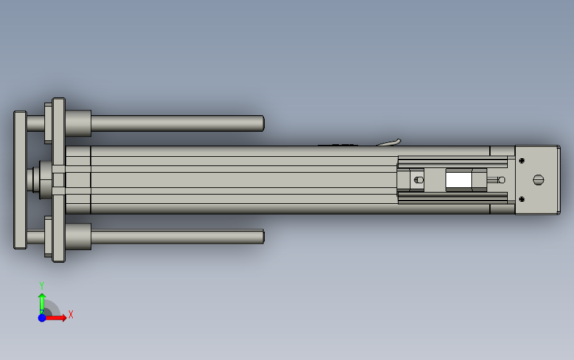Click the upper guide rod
click(x=177, y=123)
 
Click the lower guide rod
click(x=177, y=237)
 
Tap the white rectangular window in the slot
click(x=459, y=179)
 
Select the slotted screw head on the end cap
click(x=538, y=179)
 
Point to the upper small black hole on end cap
click(x=522, y=161)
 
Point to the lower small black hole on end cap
click(x=522, y=199)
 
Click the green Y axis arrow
click(x=42, y=303)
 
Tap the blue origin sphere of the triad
click(x=42, y=318)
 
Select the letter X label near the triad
click(x=71, y=314)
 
